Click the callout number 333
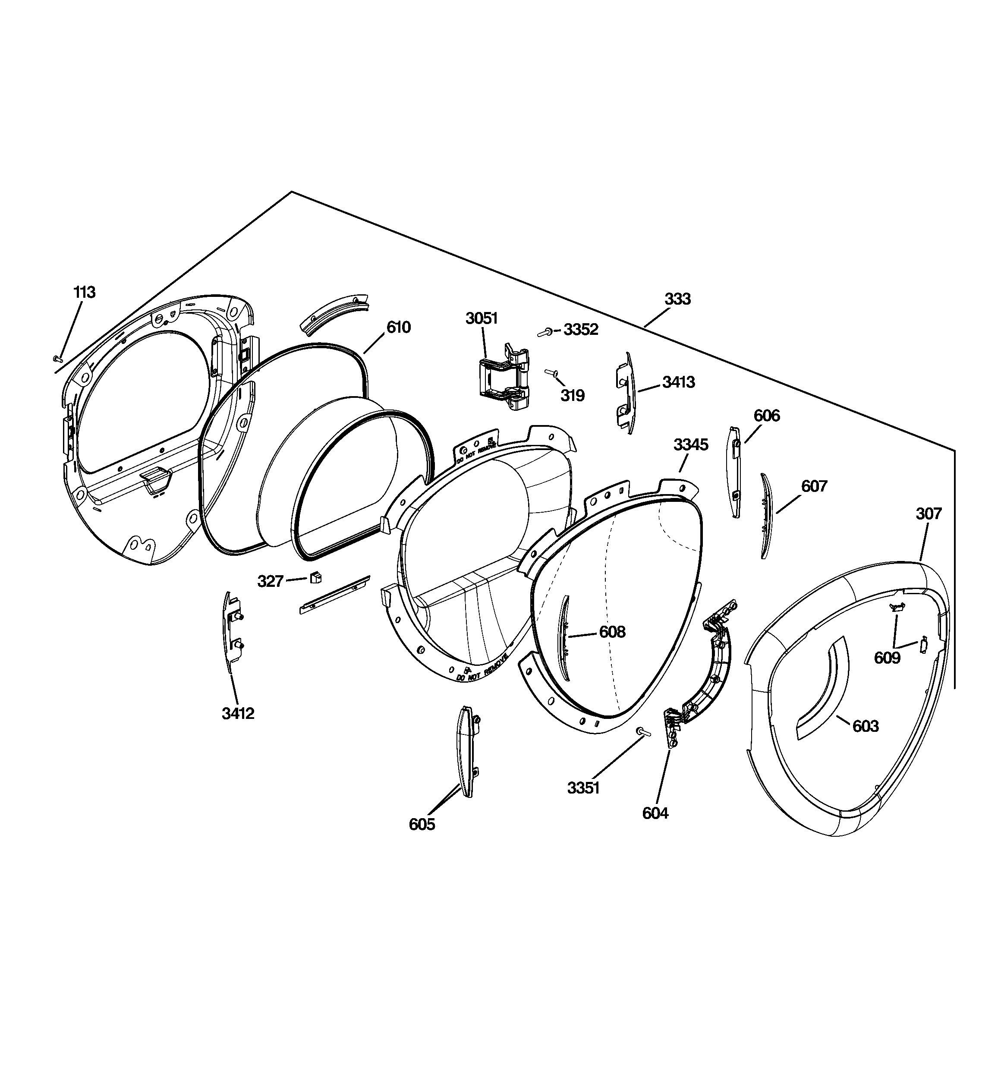coord(677,299)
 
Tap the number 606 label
coord(767,415)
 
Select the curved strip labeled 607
coord(766,516)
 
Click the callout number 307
coord(929,514)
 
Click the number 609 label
coord(887,658)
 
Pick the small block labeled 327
coord(315,577)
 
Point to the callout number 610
coord(399,327)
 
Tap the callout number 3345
coord(691,444)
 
